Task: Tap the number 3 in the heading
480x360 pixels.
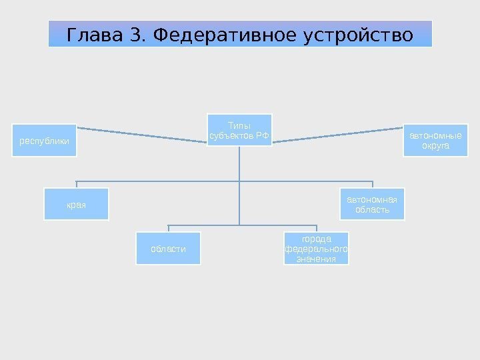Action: click(137, 34)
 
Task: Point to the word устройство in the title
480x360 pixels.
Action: click(358, 34)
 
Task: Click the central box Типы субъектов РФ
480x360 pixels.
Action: click(239, 130)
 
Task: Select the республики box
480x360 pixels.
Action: click(45, 141)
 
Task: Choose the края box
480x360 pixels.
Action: click(76, 204)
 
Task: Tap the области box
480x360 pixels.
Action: click(168, 249)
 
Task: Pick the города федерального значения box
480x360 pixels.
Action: click(316, 249)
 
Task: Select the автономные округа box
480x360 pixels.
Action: click(435, 140)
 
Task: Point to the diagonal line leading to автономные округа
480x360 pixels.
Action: click(337, 134)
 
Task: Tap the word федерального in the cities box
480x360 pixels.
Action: click(316, 249)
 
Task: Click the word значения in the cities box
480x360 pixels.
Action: click(316, 259)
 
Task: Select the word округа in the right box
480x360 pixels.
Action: click(435, 145)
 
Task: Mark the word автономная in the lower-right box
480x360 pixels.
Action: click(373, 199)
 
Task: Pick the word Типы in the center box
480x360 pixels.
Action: click(237, 125)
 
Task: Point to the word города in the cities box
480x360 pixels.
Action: click(316, 239)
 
